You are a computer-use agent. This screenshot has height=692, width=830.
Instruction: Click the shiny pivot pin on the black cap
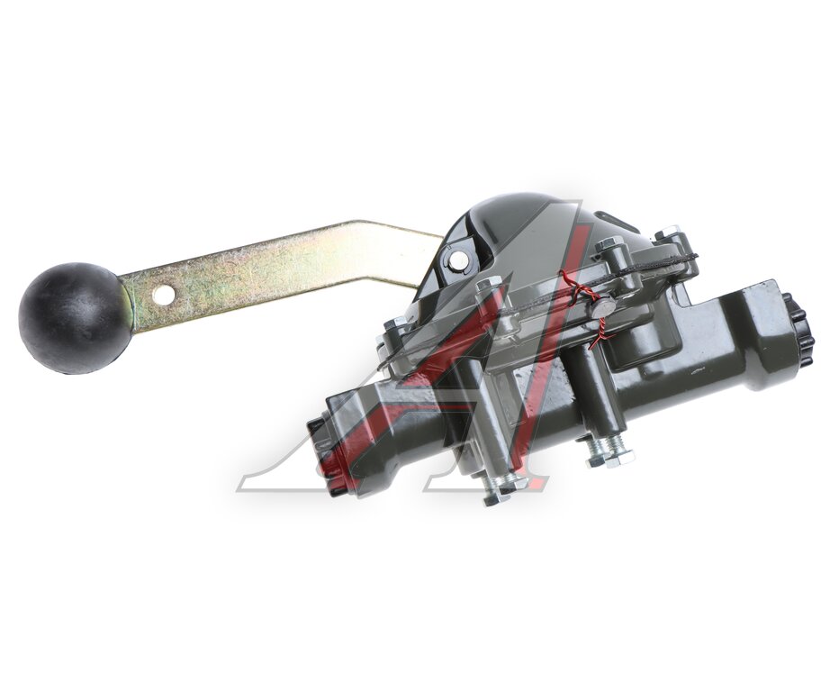coord(458,259)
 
